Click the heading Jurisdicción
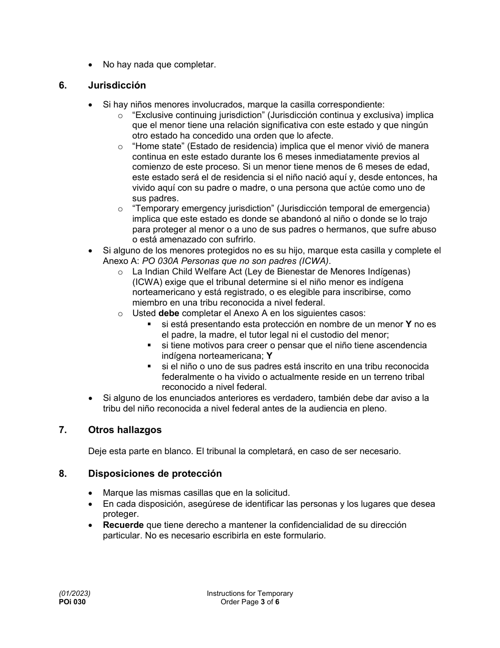pos(117,85)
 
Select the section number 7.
pos(63,430)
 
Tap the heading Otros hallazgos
pos(125,430)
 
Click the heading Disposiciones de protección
pos(155,474)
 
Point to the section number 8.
pos(63,474)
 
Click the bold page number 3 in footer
pos(262,602)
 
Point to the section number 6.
pos(63,85)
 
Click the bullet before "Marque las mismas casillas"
pos(92,494)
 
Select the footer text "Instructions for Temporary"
pos(249,594)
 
